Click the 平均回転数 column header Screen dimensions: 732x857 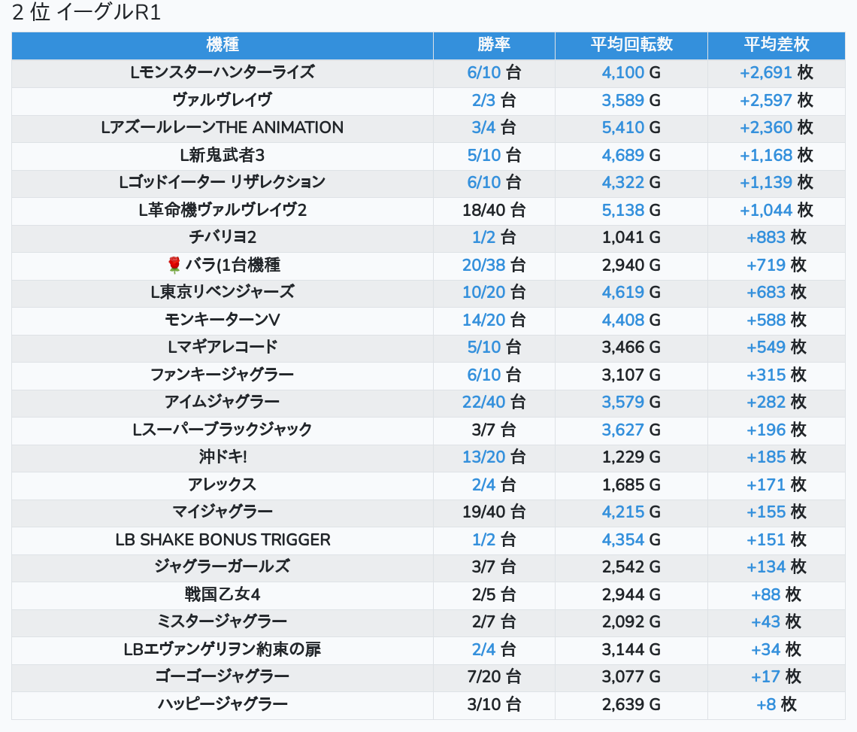click(631, 44)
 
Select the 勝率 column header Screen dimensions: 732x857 click(494, 44)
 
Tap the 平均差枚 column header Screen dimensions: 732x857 click(776, 44)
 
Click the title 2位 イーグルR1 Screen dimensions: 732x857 click(86, 13)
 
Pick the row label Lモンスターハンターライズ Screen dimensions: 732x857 click(222, 72)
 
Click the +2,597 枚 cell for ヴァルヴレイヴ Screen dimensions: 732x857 click(776, 100)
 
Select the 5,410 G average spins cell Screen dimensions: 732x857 click(631, 127)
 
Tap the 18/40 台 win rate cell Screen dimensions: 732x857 click(494, 210)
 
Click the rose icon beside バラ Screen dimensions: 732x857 click(174, 265)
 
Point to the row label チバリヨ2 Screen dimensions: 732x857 click(222, 237)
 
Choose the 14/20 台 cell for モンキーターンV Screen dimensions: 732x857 click(494, 320)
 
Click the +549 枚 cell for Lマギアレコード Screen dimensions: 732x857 click(776, 347)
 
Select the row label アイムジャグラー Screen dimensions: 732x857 click(222, 402)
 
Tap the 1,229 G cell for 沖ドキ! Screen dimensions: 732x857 click(631, 457)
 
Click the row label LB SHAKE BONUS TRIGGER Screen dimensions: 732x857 click(222, 539)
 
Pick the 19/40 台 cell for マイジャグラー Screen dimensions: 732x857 click(494, 512)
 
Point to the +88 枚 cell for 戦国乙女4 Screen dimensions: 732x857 click(776, 594)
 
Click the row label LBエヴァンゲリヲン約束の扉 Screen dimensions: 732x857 click(222, 649)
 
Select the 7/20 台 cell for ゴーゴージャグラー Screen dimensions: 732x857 click(494, 676)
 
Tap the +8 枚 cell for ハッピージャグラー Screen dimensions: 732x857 click(776, 704)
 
